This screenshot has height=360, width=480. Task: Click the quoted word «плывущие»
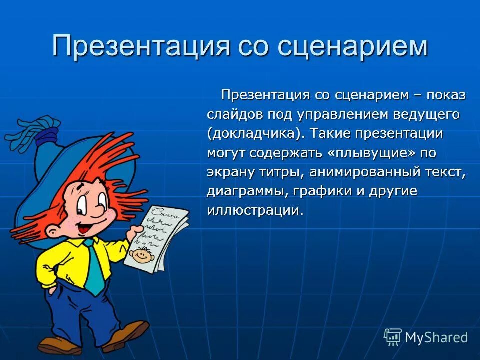(371, 153)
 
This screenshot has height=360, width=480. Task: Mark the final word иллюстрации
(255, 210)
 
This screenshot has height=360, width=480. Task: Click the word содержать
(285, 153)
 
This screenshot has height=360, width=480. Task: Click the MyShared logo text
(436, 337)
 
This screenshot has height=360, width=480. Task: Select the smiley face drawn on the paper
(145, 254)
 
